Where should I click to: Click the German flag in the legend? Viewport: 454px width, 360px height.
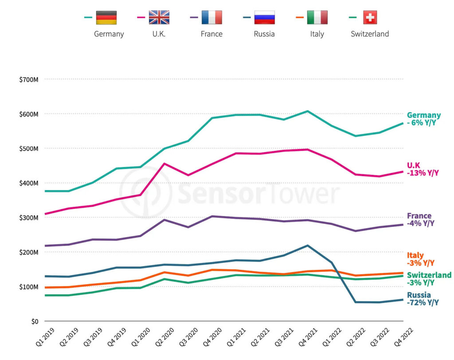click(x=106, y=17)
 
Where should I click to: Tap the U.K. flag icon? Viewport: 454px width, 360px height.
click(x=159, y=17)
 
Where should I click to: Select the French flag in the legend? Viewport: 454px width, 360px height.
click(x=211, y=17)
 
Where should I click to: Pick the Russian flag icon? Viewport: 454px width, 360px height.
click(x=264, y=17)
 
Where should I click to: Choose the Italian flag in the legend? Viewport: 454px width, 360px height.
click(x=317, y=17)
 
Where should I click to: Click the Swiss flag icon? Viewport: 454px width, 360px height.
click(x=370, y=17)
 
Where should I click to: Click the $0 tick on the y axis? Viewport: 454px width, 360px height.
click(x=34, y=321)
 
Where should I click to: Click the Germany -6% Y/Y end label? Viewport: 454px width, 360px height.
click(x=424, y=119)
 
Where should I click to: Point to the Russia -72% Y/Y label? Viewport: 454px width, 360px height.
click(x=423, y=299)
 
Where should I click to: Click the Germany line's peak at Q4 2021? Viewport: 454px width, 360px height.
click(x=308, y=111)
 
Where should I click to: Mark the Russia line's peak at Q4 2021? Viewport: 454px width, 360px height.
click(x=308, y=246)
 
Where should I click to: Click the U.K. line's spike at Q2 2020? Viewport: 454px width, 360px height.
click(x=164, y=164)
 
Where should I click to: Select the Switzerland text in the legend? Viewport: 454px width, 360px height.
click(x=370, y=34)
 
